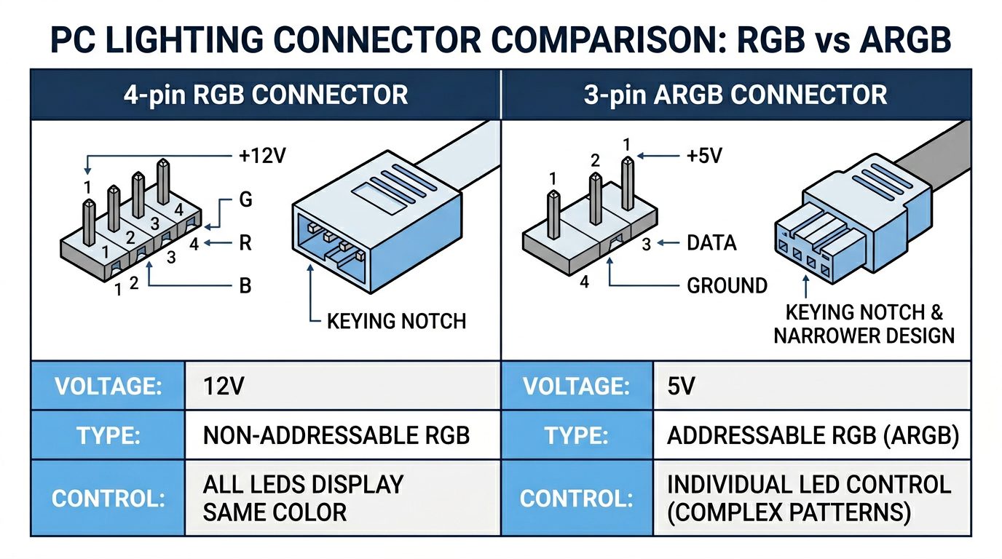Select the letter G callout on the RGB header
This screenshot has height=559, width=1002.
pyautogui.click(x=245, y=200)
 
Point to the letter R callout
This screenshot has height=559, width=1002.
pyautogui.click(x=245, y=242)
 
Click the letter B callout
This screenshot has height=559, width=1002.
pyautogui.click(x=245, y=286)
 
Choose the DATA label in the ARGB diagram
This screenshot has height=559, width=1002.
pyautogui.click(x=711, y=243)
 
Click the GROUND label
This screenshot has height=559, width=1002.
pyautogui.click(x=727, y=285)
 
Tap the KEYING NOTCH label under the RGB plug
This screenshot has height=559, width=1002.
pyautogui.click(x=396, y=321)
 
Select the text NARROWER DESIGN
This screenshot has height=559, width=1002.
pyautogui.click(x=864, y=336)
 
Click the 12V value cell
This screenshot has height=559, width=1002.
pyautogui.click(x=224, y=386)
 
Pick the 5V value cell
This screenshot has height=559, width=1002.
pyautogui.click(x=681, y=386)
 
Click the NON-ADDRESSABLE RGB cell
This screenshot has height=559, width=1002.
pyautogui.click(x=336, y=435)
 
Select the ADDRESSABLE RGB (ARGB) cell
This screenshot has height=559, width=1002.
pyautogui.click(x=813, y=435)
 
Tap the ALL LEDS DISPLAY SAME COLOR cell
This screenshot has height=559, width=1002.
pyautogui.click(x=303, y=498)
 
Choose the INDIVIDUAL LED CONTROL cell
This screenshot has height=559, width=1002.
pyautogui.click(x=808, y=498)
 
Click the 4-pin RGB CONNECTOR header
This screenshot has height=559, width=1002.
pyautogui.click(x=265, y=95)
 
